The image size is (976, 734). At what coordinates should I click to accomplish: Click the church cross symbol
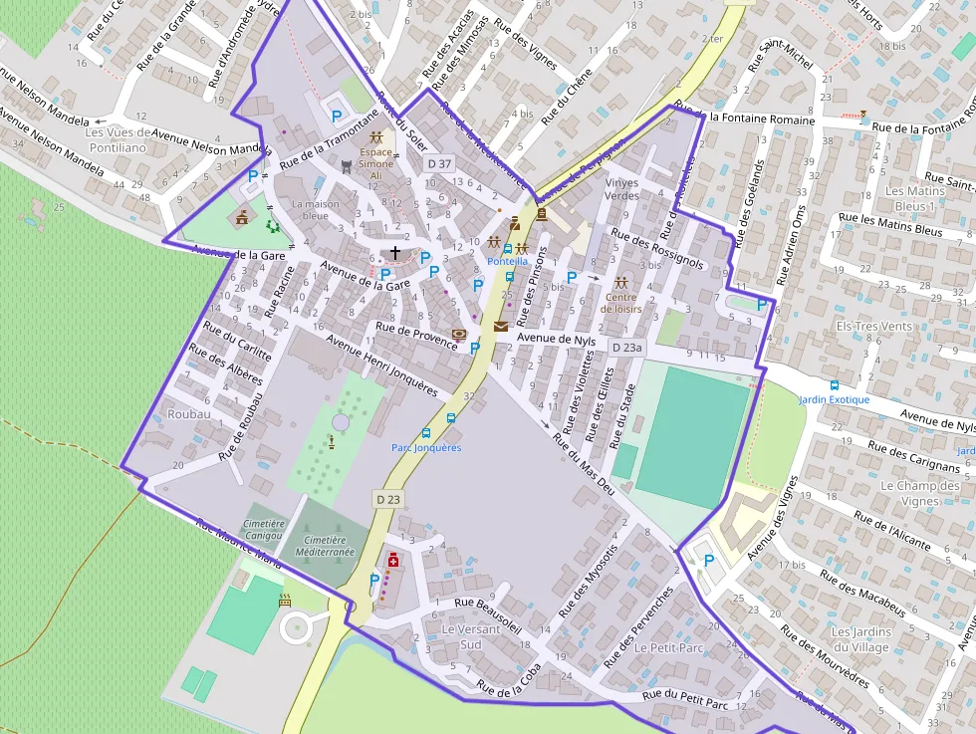coord(395,253)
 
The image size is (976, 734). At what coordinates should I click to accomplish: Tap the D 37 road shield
coord(439,163)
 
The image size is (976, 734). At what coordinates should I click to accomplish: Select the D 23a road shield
coord(626,348)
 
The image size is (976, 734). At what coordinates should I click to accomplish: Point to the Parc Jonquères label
coord(426,447)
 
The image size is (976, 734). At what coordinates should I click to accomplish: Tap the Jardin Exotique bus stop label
coord(834,399)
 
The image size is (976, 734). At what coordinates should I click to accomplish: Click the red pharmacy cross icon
coord(393,562)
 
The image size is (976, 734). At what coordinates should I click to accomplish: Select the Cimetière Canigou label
coord(264,529)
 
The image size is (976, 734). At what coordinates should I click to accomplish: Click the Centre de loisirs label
coord(621,302)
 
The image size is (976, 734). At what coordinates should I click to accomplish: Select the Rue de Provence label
coord(416,336)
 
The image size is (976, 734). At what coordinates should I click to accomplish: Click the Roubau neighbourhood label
coord(189,413)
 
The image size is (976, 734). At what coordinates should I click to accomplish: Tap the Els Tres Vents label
coord(873,326)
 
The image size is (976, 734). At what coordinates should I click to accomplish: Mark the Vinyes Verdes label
coord(622,189)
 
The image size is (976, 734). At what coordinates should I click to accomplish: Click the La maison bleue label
coord(316,209)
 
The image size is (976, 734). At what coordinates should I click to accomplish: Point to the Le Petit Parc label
coord(668,647)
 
